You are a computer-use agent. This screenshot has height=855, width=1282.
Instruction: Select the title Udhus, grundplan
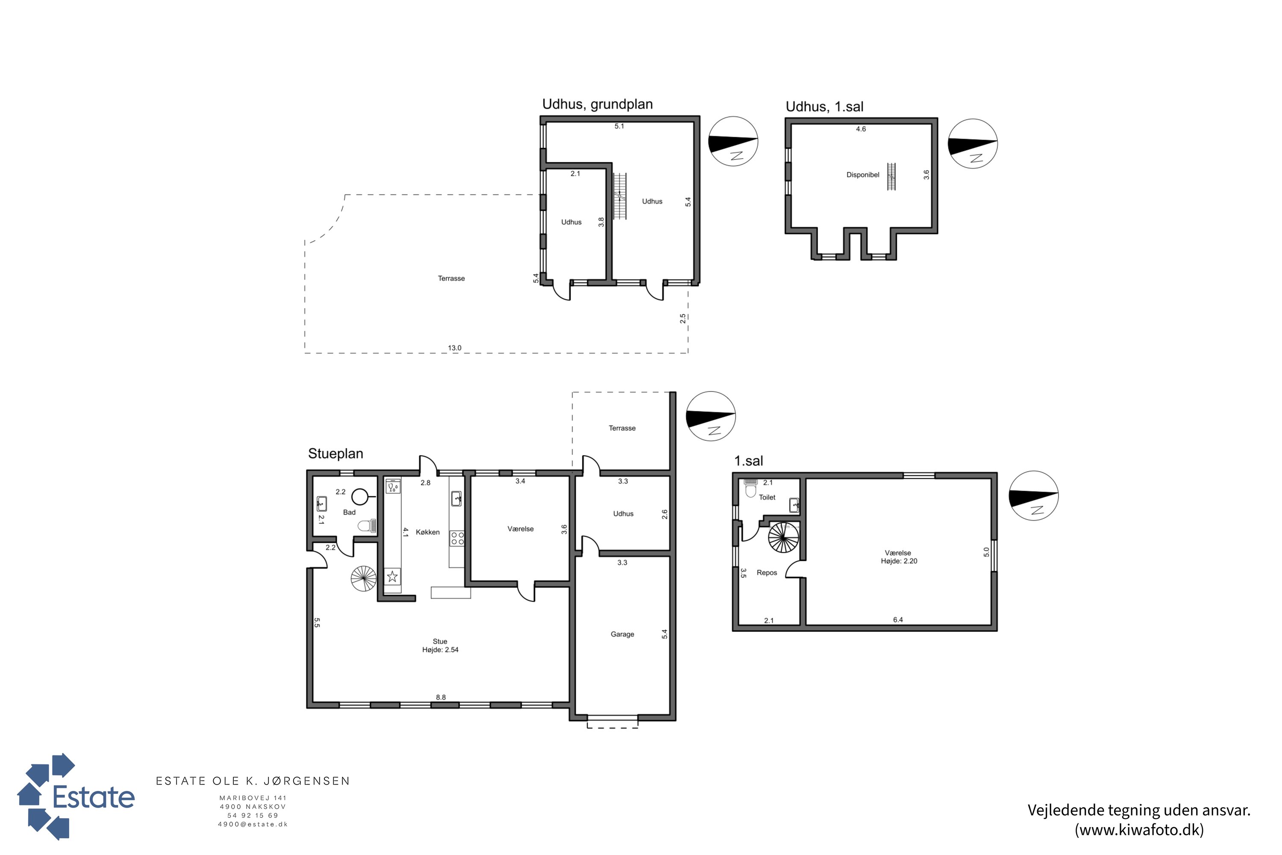point(597,104)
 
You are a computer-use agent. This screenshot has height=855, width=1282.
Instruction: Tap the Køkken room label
point(427,532)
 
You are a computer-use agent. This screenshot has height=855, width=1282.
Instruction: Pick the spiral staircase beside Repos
point(783,538)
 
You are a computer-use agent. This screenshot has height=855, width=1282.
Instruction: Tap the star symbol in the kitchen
point(392,576)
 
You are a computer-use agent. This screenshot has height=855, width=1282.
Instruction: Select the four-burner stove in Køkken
point(457,539)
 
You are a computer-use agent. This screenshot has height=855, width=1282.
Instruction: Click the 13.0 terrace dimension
point(455,348)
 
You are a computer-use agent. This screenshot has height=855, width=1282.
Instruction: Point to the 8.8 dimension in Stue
point(441,697)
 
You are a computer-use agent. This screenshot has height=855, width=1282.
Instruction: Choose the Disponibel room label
point(862,175)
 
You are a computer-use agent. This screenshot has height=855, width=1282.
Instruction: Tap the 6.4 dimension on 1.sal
point(898,620)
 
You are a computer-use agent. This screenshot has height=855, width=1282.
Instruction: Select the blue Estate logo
point(76,797)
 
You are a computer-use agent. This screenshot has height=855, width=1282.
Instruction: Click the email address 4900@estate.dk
point(253,825)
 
